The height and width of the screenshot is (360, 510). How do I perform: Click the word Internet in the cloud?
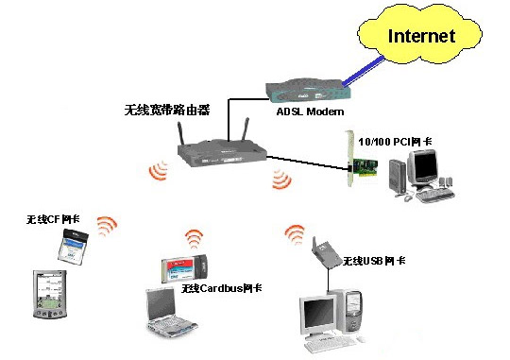421,36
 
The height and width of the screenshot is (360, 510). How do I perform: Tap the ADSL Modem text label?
310,111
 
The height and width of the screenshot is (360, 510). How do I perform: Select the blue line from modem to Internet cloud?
363,71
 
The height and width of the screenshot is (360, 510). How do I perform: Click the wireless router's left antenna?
180,133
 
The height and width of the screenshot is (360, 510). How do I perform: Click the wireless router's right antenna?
246,129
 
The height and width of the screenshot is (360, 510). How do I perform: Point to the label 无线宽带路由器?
167,110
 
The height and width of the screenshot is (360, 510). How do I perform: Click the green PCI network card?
362,159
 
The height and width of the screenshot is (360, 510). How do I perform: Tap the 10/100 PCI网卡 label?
395,142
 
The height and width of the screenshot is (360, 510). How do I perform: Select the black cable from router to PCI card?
307,163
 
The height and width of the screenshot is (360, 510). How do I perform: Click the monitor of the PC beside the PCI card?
422,168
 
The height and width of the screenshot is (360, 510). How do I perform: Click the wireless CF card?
73,247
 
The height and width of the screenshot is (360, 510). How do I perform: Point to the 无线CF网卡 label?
53,219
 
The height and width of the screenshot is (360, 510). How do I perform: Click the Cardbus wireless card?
184,269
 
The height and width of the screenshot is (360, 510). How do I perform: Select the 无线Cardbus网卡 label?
222,288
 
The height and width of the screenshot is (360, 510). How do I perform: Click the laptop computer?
168,312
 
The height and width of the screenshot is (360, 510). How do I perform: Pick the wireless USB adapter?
323,252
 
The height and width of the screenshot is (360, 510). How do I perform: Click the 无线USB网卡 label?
374,261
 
